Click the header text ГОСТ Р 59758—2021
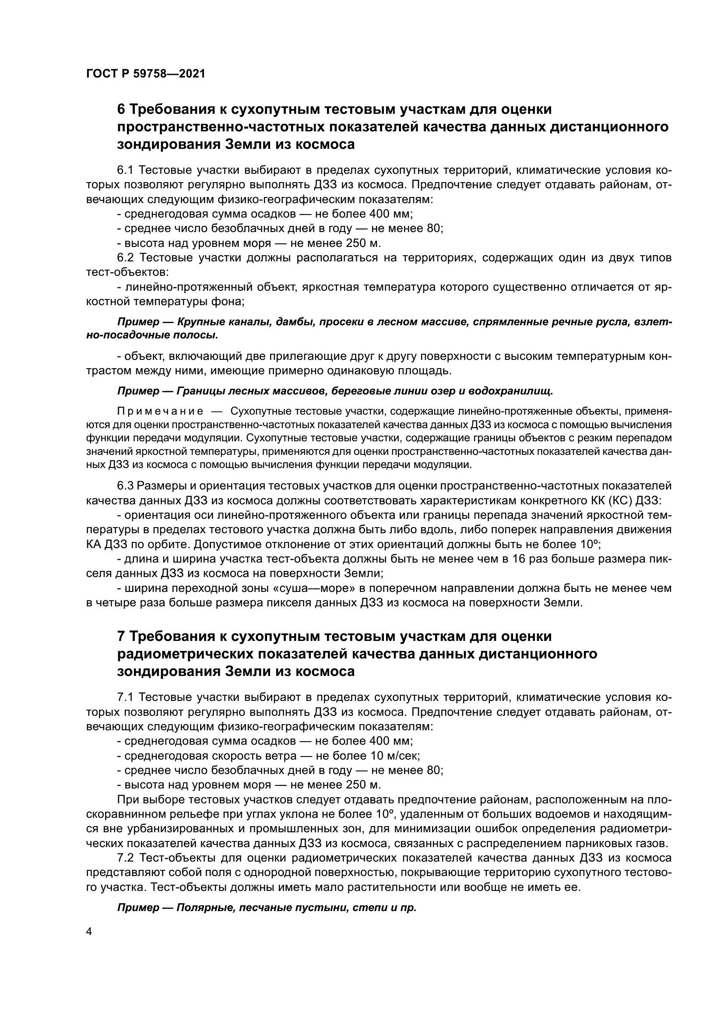coord(145,74)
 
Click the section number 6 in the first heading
coord(120,109)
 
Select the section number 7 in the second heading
coord(120,636)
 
